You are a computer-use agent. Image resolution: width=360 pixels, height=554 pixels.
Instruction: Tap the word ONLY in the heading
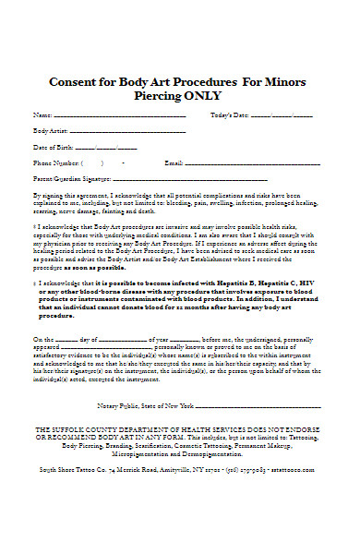click(219, 96)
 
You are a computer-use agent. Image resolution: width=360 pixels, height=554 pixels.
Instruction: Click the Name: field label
click(42, 116)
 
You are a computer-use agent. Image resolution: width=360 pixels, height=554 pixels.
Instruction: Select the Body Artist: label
click(50, 132)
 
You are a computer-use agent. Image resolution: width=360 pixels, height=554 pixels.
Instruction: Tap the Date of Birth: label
click(53, 148)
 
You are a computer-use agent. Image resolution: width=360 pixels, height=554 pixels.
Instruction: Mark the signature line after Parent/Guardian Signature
click(194, 179)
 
